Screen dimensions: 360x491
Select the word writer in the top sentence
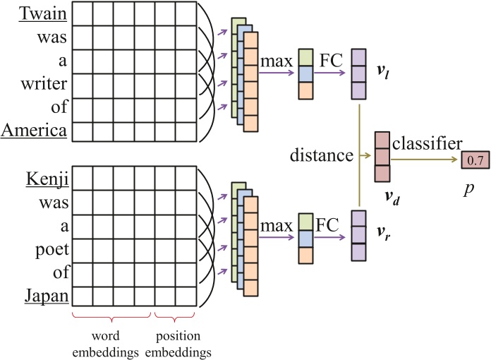point(48,85)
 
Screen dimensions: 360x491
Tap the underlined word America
point(35,131)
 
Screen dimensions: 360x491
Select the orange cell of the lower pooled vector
point(306,255)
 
